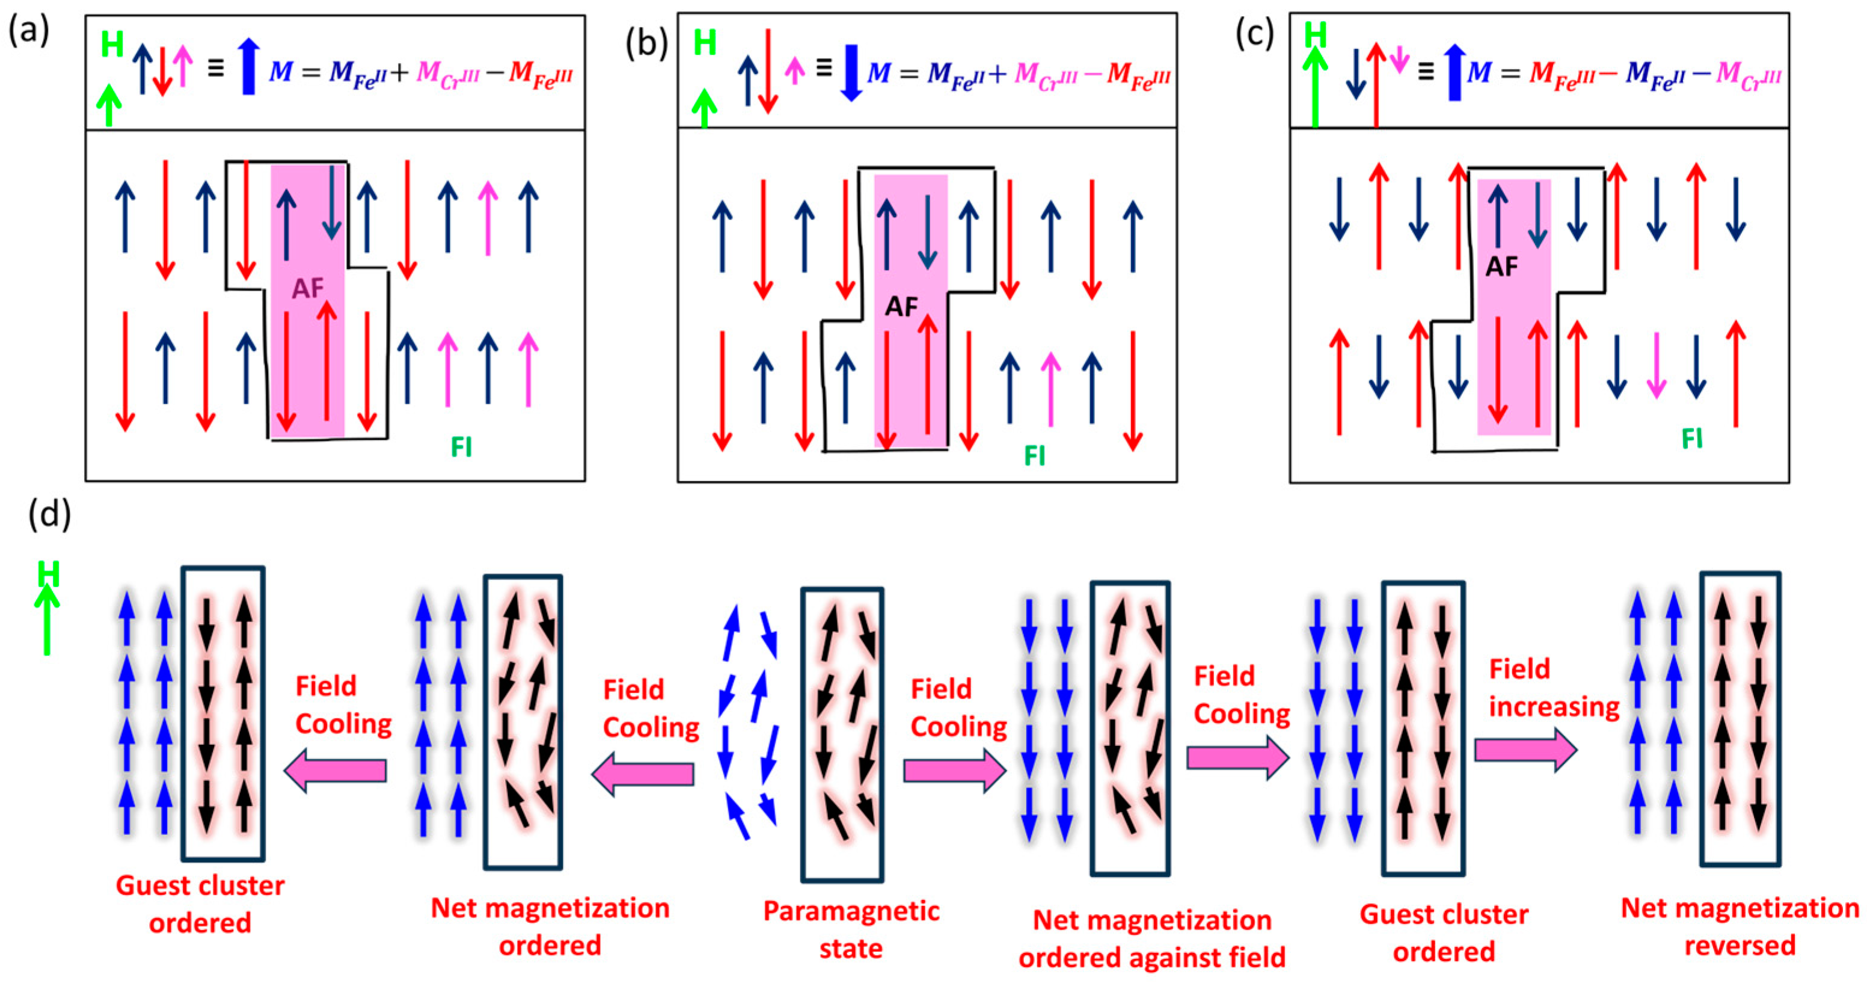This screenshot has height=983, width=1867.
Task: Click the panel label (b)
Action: (x=646, y=43)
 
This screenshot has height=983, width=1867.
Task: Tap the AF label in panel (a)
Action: (x=307, y=289)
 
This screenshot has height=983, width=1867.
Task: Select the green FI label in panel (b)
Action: (x=1034, y=455)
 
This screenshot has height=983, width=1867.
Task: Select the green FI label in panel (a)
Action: (x=461, y=446)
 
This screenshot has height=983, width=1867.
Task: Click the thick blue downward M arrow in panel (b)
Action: (x=851, y=73)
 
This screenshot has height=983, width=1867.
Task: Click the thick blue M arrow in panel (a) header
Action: (x=248, y=67)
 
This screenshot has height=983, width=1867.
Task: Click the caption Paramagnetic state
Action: (x=851, y=929)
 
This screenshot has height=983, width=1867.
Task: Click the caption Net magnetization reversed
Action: (x=1740, y=926)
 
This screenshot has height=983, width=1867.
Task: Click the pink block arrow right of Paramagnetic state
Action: (x=954, y=770)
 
